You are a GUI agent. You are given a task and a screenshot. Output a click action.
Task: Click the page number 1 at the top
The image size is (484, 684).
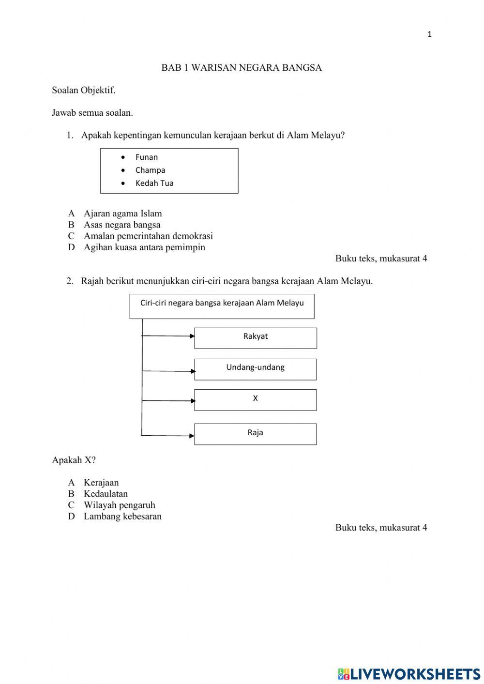tap(429, 34)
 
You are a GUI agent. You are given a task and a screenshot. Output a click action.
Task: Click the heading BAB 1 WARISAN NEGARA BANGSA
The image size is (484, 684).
tap(242, 68)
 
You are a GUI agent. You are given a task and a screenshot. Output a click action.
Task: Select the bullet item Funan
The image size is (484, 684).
tap(146, 157)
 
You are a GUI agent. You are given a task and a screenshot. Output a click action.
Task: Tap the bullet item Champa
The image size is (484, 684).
tap(150, 170)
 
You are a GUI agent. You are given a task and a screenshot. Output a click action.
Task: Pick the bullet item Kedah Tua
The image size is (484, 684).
tap(154, 183)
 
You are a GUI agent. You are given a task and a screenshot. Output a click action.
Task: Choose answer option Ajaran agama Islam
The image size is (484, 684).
tap(122, 213)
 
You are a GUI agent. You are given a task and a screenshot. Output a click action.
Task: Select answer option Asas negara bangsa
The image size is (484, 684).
tap(121, 225)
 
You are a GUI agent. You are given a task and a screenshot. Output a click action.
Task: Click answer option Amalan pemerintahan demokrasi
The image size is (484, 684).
tap(148, 236)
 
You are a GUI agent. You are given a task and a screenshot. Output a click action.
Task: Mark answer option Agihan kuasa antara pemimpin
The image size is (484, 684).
tap(144, 247)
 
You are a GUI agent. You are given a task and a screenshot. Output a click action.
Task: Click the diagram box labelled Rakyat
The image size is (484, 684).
tap(256, 337)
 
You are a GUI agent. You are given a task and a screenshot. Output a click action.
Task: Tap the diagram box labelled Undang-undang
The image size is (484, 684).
tap(256, 369)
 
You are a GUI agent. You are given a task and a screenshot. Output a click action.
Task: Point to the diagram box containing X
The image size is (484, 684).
tap(256, 400)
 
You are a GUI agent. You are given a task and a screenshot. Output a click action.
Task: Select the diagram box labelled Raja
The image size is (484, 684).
tap(256, 434)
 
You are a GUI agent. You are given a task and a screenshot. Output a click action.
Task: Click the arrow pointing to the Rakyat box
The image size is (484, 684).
tap(169, 335)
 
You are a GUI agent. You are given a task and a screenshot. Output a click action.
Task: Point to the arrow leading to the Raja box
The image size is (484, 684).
tap(169, 435)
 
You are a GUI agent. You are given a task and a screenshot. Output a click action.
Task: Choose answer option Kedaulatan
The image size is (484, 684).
tap(106, 494)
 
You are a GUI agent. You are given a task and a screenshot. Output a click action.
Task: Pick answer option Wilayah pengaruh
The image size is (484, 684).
tap(119, 505)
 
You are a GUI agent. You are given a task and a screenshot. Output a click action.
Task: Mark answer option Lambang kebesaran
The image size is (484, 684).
tap(122, 516)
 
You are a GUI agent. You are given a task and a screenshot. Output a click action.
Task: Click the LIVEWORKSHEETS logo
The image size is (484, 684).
tap(409, 674)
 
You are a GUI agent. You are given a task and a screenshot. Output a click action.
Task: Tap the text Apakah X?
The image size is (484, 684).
tap(74, 460)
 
